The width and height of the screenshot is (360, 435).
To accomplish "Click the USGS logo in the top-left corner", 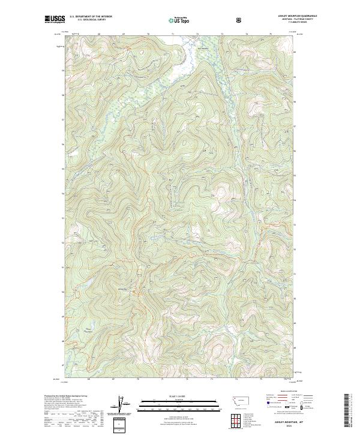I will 55,20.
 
